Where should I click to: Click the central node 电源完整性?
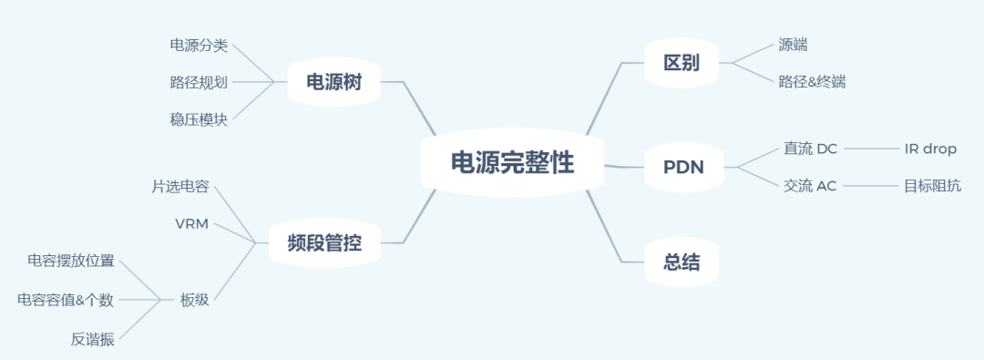[513, 163]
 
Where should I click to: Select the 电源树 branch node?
[334, 82]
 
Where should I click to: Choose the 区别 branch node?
[682, 63]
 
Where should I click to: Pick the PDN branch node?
[682, 167]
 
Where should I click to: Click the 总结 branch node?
[682, 262]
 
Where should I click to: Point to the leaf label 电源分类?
[199, 46]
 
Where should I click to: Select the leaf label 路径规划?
[199, 82]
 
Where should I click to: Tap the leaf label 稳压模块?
[199, 118]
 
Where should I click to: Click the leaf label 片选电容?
[180, 187]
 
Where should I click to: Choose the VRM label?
[191, 223]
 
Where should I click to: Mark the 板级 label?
[194, 299]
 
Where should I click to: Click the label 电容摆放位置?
[71, 262]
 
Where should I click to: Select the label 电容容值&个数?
[66, 299]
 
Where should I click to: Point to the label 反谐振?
[93, 339]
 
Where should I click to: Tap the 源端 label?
[793, 45]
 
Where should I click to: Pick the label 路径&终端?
[812, 82]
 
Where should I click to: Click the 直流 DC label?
[810, 149]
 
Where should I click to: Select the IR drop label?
[930, 149]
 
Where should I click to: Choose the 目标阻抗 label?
[932, 186]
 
